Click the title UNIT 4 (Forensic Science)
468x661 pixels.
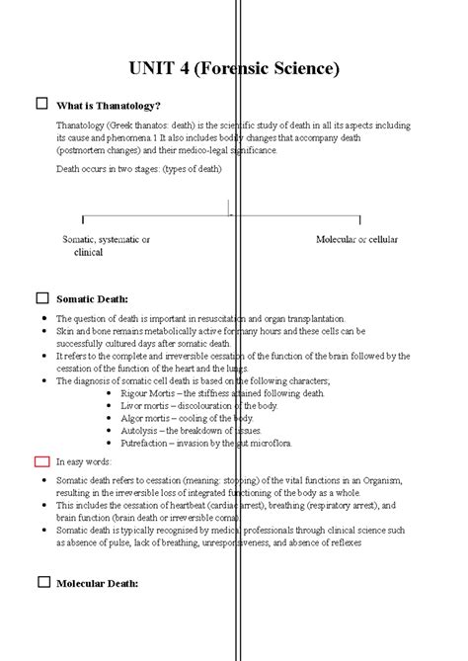(234, 69)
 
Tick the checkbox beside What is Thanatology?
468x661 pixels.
(41, 104)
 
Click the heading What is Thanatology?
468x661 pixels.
(109, 106)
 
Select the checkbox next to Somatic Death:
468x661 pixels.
(41, 297)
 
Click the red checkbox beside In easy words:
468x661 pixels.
(41, 460)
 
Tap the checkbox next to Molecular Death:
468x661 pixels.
(41, 582)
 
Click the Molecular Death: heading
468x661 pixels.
(97, 584)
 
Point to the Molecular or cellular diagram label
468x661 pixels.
(356, 240)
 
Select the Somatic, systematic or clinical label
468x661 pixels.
(106, 246)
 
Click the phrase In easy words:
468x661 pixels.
(84, 461)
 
